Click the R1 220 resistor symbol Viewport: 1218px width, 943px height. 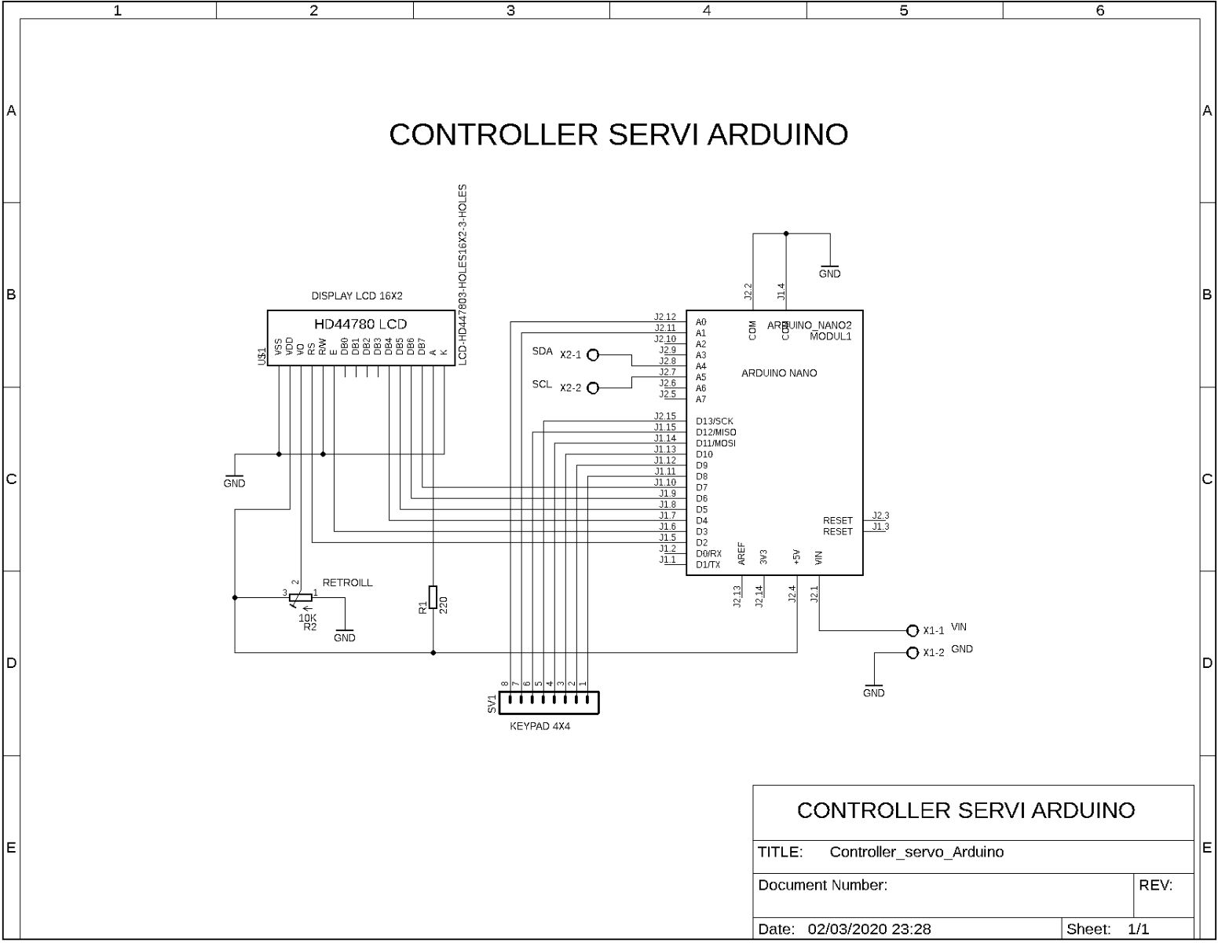click(433, 596)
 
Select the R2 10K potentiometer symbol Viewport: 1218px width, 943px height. click(300, 598)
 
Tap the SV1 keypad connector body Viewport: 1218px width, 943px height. click(549, 702)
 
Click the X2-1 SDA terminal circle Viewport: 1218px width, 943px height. click(593, 355)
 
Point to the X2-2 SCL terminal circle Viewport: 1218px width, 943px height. click(593, 388)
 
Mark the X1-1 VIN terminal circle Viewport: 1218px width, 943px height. click(912, 631)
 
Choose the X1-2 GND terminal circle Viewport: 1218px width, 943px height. click(912, 653)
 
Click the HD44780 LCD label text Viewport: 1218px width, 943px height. click(360, 324)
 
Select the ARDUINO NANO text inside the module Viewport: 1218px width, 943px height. click(779, 373)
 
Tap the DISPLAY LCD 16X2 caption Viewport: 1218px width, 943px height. click(357, 296)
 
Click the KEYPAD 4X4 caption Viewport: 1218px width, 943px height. click(540, 727)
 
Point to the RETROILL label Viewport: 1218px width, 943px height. click(347, 583)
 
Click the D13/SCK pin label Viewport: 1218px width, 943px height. click(714, 422)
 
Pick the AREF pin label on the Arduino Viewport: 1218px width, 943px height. click(741, 554)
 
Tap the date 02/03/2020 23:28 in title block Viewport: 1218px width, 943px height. click(869, 930)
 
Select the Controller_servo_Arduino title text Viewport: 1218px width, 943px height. click(916, 853)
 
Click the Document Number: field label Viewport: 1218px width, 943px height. click(822, 886)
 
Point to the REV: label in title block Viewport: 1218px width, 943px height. click(1155, 886)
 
